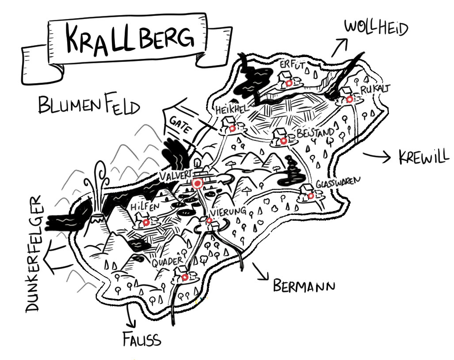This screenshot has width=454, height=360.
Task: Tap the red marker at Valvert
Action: click(x=198, y=184)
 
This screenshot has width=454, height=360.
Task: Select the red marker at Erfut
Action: click(x=289, y=84)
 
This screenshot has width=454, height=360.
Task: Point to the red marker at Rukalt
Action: click(x=350, y=100)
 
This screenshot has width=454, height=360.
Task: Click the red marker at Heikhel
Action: click(x=232, y=128)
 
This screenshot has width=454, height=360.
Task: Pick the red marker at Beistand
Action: click(x=283, y=141)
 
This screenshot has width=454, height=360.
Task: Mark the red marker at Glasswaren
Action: click(x=311, y=196)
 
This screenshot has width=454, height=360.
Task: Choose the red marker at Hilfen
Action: click(x=146, y=222)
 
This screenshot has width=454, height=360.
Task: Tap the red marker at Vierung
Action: click(x=209, y=221)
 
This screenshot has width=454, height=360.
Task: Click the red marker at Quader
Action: click(x=185, y=277)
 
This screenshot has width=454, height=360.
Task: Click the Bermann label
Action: click(x=304, y=286)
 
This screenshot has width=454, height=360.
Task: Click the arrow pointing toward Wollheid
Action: click(x=339, y=47)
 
